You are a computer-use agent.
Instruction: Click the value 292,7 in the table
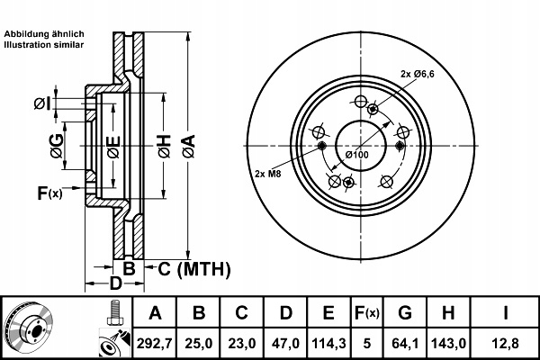(155, 344)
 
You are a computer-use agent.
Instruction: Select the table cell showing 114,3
(328, 344)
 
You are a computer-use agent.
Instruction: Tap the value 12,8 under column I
(505, 344)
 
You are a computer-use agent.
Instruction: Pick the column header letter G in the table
(405, 313)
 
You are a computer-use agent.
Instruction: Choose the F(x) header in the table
(367, 313)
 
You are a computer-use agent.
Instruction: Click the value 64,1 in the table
(405, 344)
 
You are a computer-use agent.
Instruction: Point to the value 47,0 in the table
(286, 344)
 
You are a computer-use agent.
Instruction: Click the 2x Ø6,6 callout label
(418, 74)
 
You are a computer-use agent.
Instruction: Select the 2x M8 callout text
(268, 174)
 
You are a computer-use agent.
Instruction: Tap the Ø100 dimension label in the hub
(356, 155)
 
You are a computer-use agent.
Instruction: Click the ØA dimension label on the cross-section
(189, 146)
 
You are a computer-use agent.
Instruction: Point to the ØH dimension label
(165, 146)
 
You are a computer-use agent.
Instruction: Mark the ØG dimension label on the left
(57, 146)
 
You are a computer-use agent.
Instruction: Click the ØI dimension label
(42, 103)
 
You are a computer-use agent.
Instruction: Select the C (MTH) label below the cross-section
(193, 269)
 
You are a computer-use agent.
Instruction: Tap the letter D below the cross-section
(115, 283)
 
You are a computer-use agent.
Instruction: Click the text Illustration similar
(44, 45)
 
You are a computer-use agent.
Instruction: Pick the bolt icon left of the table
(115, 312)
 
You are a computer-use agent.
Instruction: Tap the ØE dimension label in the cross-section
(113, 147)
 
